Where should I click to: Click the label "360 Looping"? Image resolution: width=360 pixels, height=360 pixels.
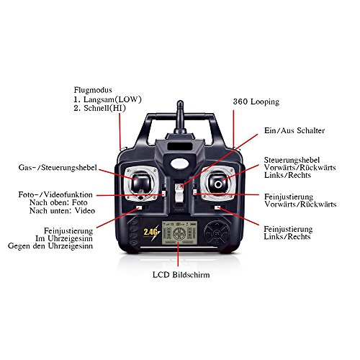tap(256, 102)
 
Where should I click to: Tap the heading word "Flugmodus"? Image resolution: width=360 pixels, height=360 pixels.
tap(93, 90)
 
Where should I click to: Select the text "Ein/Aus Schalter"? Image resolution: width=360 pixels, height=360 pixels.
tap(294, 130)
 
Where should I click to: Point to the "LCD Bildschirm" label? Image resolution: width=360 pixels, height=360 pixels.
tap(181, 274)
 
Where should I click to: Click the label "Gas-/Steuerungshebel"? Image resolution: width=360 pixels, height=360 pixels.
tap(58, 168)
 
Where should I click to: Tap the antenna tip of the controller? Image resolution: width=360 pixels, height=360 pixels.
tap(180, 102)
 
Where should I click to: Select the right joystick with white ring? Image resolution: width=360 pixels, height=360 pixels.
tap(218, 183)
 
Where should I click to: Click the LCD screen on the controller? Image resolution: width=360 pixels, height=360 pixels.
tap(179, 233)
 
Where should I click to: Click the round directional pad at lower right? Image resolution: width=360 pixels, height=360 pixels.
tap(217, 233)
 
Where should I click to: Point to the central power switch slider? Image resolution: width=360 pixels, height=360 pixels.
tap(179, 192)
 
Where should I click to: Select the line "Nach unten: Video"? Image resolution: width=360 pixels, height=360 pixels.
tap(62, 211)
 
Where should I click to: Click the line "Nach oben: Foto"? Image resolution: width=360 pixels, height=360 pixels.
tap(58, 202)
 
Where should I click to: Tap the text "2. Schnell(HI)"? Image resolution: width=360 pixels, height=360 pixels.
tap(100, 108)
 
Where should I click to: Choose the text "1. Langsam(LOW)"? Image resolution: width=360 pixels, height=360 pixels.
tap(108, 99)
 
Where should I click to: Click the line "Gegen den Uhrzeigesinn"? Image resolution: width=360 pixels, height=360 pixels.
tap(50, 246)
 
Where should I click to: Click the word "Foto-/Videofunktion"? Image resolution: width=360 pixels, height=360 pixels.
tap(55, 194)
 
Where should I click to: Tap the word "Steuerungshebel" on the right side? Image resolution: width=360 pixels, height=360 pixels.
tap(292, 160)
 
